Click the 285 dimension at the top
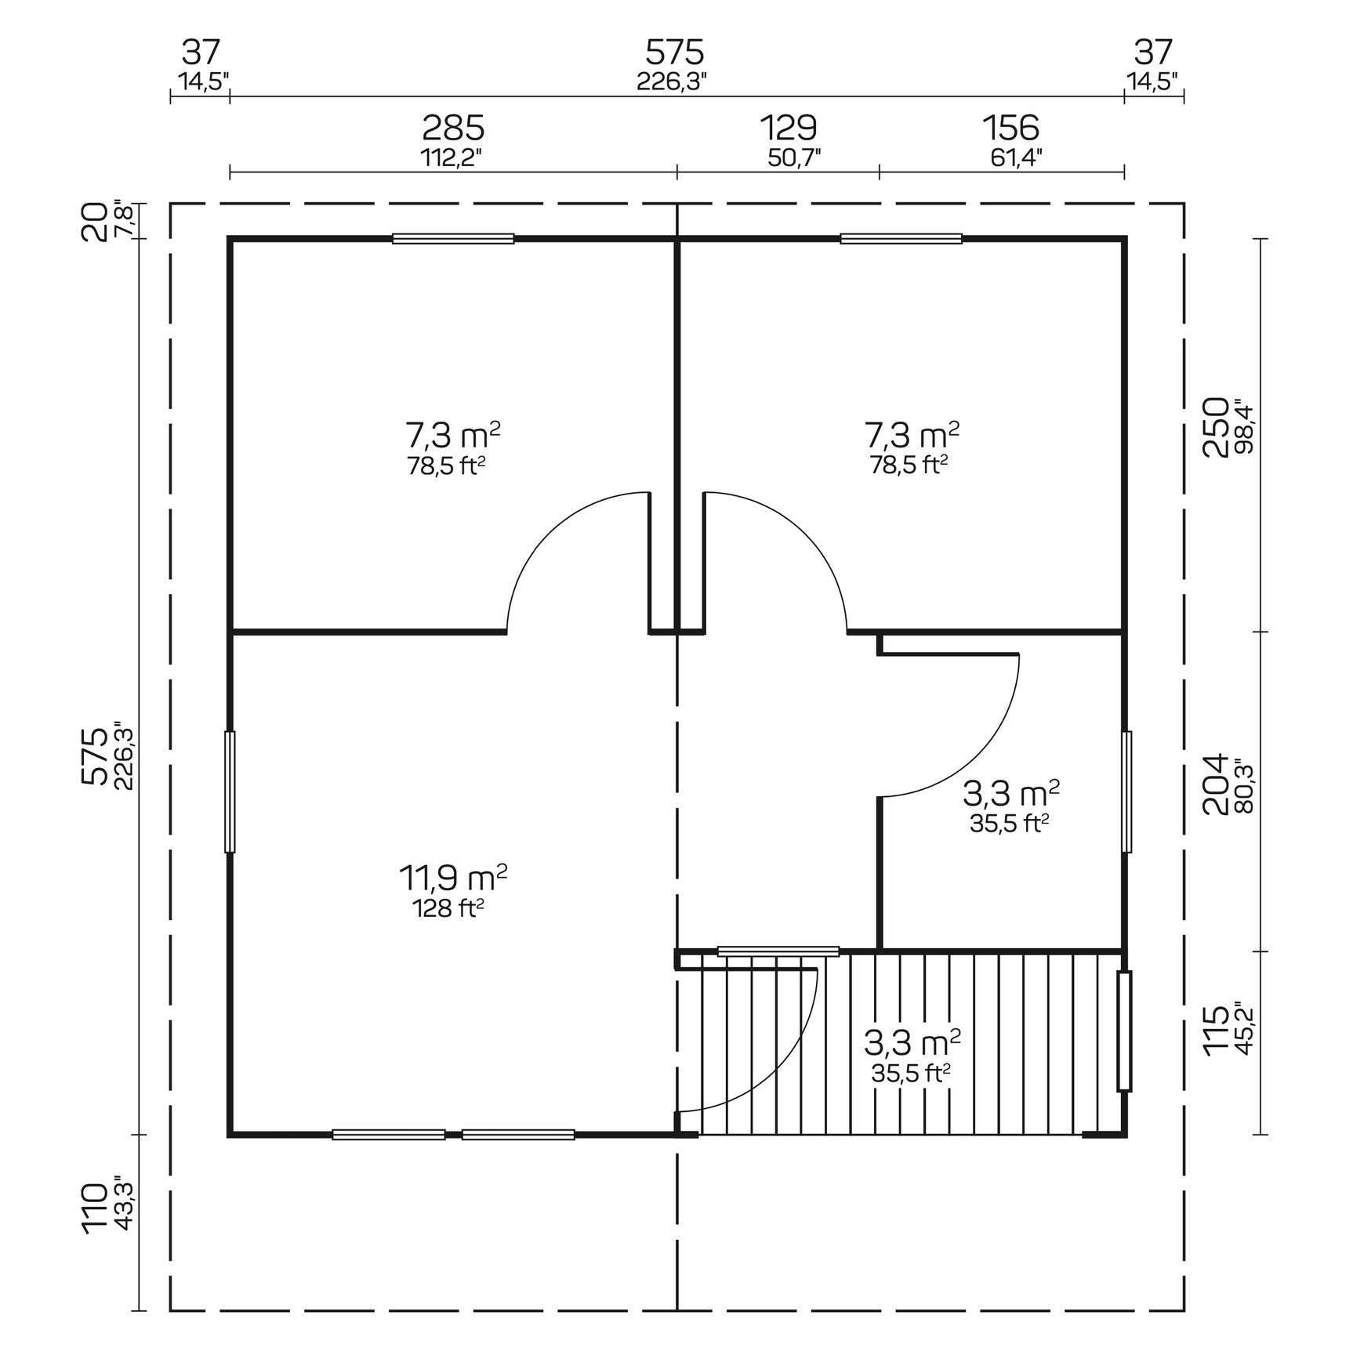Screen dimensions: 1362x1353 pyautogui.click(x=453, y=128)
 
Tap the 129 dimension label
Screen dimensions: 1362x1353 pyautogui.click(x=788, y=128)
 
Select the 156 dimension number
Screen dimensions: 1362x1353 pyautogui.click(x=1010, y=128)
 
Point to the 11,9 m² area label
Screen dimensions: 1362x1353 pyautogui.click(x=452, y=878)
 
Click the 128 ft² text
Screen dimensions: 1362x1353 pyautogui.click(x=448, y=908)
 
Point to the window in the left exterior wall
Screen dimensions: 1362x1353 pyautogui.click(x=230, y=791)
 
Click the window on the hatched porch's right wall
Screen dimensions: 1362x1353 pyautogui.click(x=1124, y=1031)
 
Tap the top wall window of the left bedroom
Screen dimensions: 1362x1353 pyautogui.click(x=453, y=238)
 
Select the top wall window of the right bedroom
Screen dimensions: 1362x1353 pyautogui.click(x=901, y=238)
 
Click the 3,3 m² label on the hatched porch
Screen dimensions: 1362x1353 pyautogui.click(x=912, y=1043)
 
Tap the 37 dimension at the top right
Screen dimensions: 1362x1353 pyautogui.click(x=1153, y=53)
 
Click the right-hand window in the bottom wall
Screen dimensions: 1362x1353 pyautogui.click(x=518, y=1134)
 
